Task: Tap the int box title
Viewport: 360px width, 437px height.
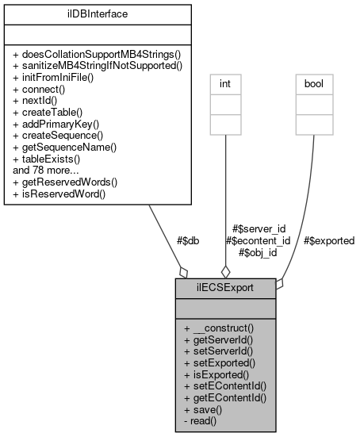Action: [x=225, y=81]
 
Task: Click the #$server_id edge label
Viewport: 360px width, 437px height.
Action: [x=258, y=228]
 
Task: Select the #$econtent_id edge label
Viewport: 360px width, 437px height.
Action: [x=258, y=240]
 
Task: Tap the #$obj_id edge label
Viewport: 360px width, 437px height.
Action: [x=258, y=253]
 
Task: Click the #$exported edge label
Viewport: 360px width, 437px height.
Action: [x=328, y=240]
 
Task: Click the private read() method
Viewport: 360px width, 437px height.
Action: [x=203, y=421]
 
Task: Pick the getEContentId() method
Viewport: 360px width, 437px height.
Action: [x=226, y=398]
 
